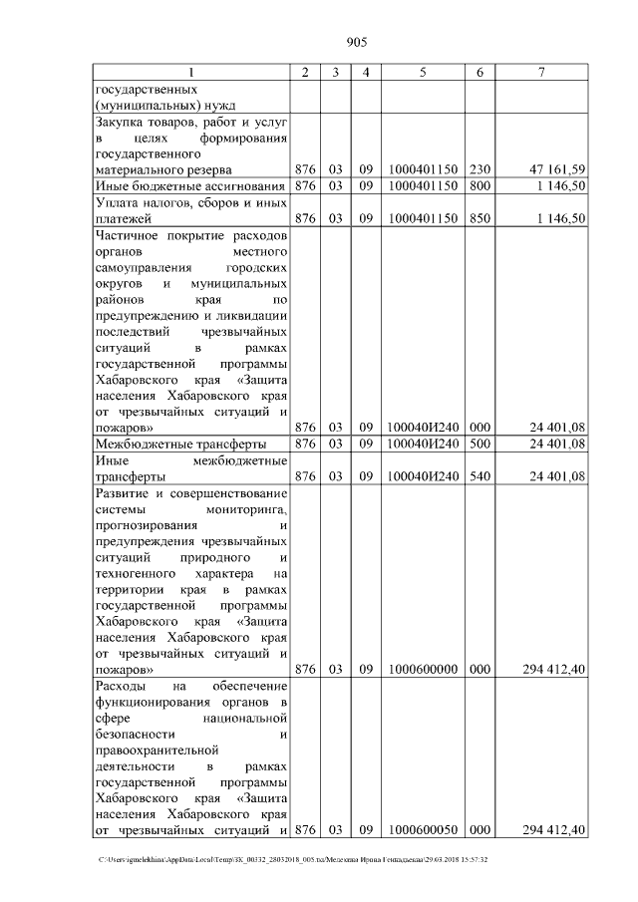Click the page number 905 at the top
point(357,41)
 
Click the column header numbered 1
point(191,72)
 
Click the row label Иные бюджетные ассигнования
point(190,185)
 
